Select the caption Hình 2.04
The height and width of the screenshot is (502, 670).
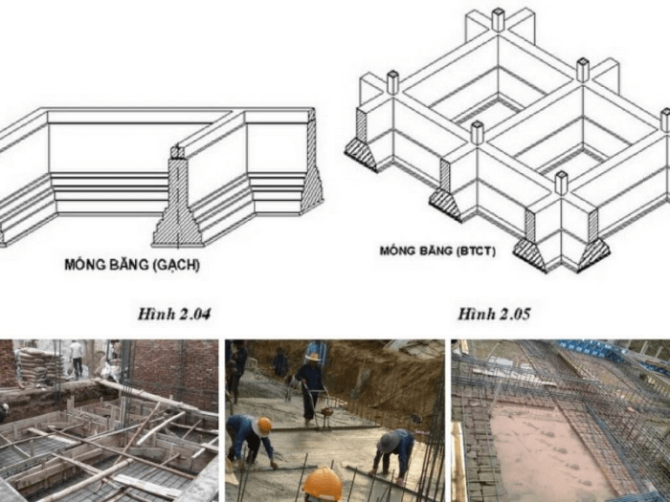pyautogui.click(x=174, y=315)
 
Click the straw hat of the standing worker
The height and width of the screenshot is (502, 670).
pyautogui.click(x=313, y=357)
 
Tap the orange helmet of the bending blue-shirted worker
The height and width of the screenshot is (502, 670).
pyautogui.click(x=264, y=426)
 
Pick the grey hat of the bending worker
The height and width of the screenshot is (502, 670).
pyautogui.click(x=388, y=442)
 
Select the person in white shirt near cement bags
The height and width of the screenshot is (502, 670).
pyautogui.click(x=77, y=359)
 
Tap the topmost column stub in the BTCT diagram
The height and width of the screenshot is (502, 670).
pyautogui.click(x=499, y=20)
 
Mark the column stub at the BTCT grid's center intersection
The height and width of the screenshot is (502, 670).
pyautogui.click(x=583, y=71)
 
